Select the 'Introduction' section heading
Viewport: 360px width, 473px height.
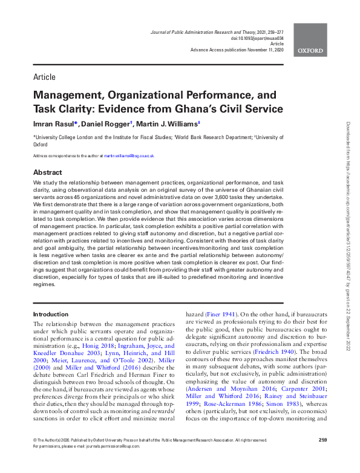point(51,314)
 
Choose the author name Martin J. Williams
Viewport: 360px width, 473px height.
point(165,124)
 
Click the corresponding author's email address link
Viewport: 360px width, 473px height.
point(128,155)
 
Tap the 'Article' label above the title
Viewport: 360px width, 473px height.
point(44,77)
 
